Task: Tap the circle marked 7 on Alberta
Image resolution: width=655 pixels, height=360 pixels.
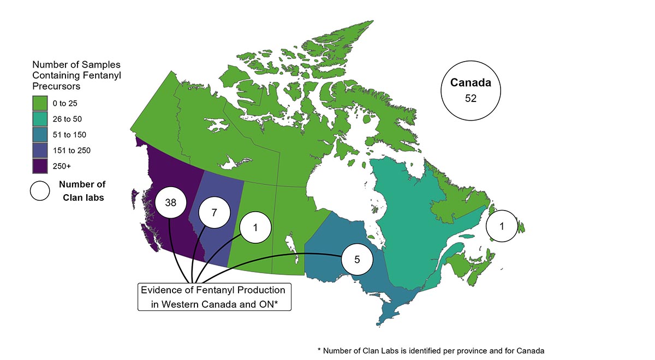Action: tap(214, 213)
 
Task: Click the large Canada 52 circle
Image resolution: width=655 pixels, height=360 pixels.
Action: tap(471, 90)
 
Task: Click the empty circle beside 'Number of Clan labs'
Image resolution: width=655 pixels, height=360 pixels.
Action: tap(40, 191)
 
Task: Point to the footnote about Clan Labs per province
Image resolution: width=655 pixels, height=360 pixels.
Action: tap(431, 350)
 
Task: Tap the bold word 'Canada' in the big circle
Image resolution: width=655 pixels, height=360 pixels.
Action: tap(471, 83)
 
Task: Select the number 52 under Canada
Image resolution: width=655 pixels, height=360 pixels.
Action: tap(471, 98)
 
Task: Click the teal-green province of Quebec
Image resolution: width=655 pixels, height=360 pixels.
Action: tap(415, 218)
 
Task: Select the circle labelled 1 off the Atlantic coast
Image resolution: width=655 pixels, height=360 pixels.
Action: tap(502, 226)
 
